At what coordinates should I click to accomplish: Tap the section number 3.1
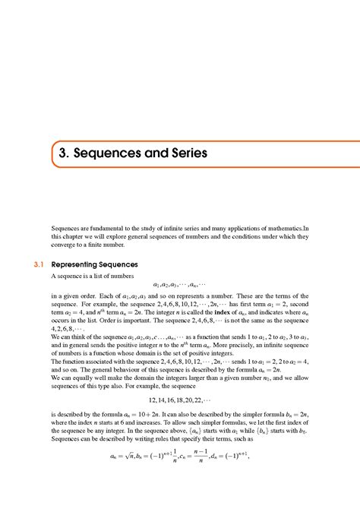pyautogui.click(x=39, y=264)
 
